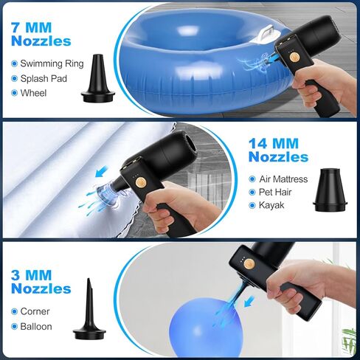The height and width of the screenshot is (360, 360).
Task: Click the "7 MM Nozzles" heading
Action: [41, 34]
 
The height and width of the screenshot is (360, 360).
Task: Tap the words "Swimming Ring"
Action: [52, 63]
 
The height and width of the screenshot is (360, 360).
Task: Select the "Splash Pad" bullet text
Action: [44, 78]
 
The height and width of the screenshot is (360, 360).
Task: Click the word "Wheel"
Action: [33, 93]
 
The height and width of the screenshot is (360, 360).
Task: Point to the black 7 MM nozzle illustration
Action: [98, 78]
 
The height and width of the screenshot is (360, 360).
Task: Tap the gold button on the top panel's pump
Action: [294, 58]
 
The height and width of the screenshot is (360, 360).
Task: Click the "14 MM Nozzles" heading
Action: [278, 150]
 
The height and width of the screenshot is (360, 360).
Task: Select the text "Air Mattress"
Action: [283, 179]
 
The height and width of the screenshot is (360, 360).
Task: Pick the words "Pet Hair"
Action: [275, 192]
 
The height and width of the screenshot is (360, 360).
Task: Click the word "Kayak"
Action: [271, 205]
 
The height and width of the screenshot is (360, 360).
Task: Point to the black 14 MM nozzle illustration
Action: [330, 190]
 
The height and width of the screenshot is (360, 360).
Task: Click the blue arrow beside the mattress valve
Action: [102, 171]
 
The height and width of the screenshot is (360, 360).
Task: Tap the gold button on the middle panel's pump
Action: [141, 182]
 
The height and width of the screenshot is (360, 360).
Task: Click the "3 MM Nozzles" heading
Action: [41, 282]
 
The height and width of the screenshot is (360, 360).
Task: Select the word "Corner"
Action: [35, 311]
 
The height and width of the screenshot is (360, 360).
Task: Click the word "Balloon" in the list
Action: [36, 327]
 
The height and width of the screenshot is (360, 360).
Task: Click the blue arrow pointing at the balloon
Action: [249, 302]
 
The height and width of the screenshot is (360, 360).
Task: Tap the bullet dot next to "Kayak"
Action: [252, 205]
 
